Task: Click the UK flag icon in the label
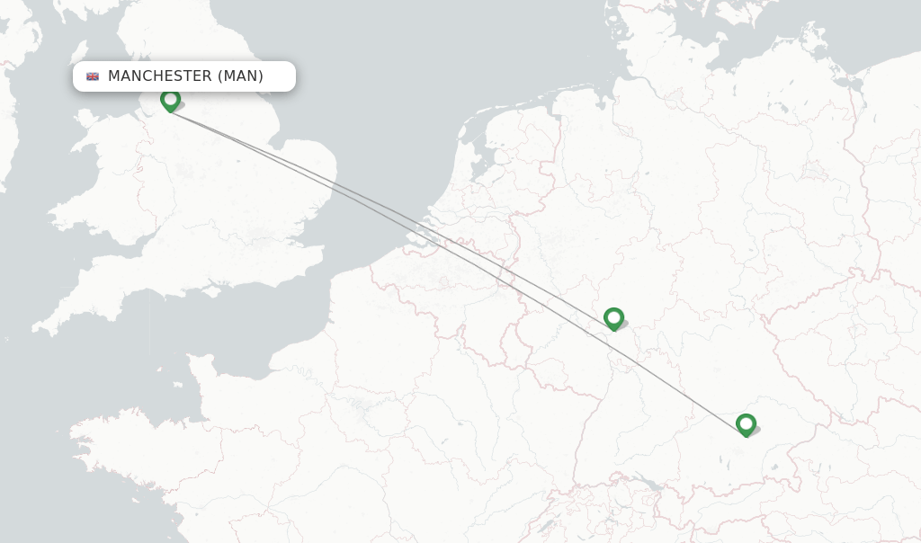pos(93,76)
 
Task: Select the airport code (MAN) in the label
pos(240,76)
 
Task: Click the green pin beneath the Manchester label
pos(170,100)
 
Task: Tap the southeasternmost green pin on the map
pos(746,424)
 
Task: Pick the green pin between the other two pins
pos(613,318)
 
